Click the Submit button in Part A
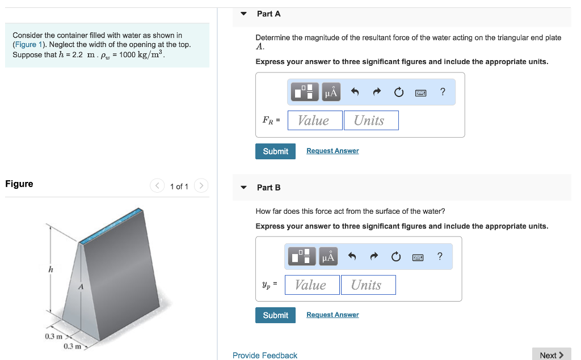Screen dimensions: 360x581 pos(275,151)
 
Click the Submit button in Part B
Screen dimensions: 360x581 pos(275,315)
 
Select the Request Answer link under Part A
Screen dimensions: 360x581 pos(332,151)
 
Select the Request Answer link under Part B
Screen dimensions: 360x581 pos(332,315)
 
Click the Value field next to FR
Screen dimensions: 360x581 pos(315,120)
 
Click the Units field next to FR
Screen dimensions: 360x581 pos(371,120)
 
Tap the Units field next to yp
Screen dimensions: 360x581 pos(368,285)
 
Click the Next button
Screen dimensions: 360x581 pos(551,355)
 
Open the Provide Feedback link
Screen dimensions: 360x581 pos(265,355)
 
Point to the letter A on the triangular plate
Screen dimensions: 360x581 pos(81,287)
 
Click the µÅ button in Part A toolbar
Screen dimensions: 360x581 pos(331,92)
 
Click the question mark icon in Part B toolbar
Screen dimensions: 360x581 pos(440,257)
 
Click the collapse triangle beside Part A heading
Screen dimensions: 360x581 pos(244,14)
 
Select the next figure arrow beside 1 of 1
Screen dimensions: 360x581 pos(201,186)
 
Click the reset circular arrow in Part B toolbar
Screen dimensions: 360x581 pos(396,257)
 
